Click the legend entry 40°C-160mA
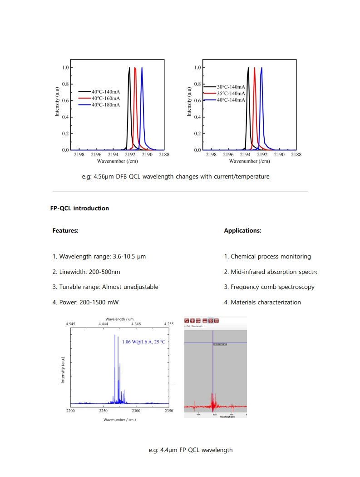tap(106, 98)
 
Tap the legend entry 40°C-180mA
tap(106, 105)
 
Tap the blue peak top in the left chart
tap(142, 68)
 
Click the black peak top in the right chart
tap(248, 68)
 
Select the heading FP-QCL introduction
tap(79, 209)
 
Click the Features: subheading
tap(65, 231)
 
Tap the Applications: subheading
tap(242, 231)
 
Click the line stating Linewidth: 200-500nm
tap(86, 272)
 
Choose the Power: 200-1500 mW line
tap(85, 302)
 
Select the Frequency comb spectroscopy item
tap(269, 287)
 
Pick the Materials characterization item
tap(262, 302)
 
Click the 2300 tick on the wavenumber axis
tap(136, 411)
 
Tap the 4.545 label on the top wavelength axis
tap(70, 324)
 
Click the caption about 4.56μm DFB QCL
tap(175, 177)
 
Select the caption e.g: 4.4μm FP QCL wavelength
tap(191, 450)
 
